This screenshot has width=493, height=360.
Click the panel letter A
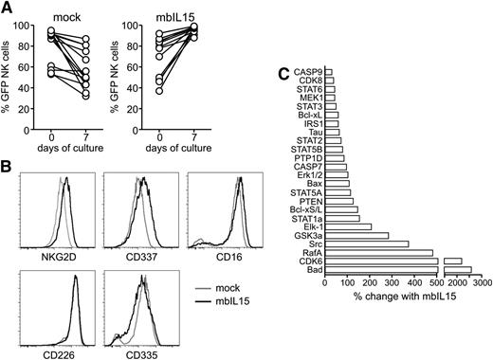point(8,8)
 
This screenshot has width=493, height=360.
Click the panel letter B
point(8,169)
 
